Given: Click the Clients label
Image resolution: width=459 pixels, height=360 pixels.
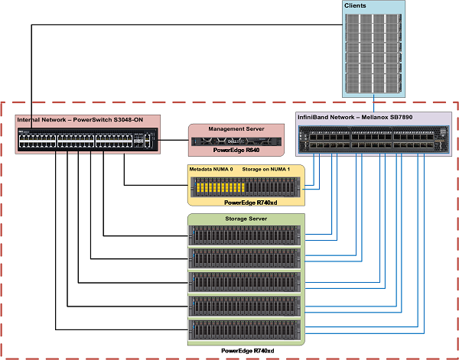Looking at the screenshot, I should pos(355,5).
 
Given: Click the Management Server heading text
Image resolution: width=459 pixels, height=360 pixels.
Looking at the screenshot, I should pos(236,129).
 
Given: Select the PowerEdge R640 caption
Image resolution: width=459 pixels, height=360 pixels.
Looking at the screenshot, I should pos(236,151).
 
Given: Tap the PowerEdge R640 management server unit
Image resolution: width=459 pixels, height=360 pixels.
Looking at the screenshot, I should pos(236,140).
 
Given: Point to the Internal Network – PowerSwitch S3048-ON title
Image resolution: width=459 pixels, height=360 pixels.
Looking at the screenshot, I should pos(80,119).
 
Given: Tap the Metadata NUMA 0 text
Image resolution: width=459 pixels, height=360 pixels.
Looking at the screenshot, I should pos(210,167).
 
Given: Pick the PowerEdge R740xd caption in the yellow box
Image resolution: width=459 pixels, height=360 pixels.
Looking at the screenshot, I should pos(246,203).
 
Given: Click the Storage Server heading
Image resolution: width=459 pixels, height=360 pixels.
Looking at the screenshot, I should pos(246,219).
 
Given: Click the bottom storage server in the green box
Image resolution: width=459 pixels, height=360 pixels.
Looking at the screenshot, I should pos(246,330).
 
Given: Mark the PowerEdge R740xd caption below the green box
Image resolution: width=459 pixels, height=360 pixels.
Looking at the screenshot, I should pos(246,350).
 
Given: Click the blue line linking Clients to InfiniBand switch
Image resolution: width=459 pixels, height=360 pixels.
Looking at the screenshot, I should pos(372,104).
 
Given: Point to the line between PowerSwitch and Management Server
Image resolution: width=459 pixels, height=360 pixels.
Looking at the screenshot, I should pos(175,139).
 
